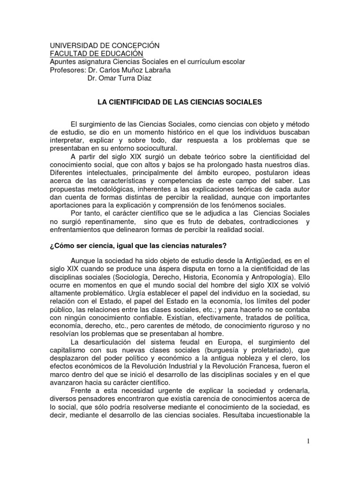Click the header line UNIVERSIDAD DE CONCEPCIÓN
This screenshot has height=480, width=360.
(x=105, y=45)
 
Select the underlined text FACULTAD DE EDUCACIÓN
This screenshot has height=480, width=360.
(x=93, y=54)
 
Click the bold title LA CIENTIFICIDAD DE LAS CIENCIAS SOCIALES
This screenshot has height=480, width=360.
(x=180, y=101)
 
